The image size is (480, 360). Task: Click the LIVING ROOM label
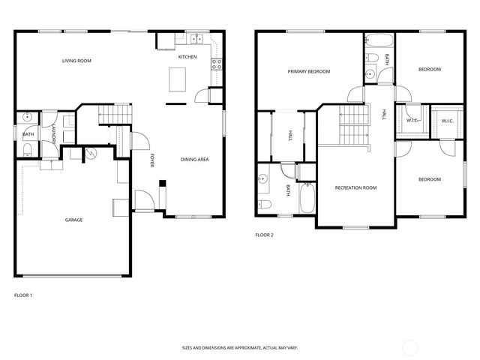[x=76, y=60]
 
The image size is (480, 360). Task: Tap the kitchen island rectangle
[x=178, y=77]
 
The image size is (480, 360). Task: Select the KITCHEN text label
[x=187, y=57]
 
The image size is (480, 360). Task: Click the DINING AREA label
[x=195, y=159]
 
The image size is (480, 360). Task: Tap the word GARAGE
[x=73, y=220]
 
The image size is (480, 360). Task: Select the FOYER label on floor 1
[x=151, y=160]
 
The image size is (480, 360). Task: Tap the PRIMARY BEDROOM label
[x=309, y=71]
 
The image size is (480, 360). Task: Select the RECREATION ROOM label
[x=355, y=187]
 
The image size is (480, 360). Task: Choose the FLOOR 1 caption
[x=23, y=295]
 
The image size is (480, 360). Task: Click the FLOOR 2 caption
[x=264, y=235]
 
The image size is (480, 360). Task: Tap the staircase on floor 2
[x=355, y=124]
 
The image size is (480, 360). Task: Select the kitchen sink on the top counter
[x=197, y=38]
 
